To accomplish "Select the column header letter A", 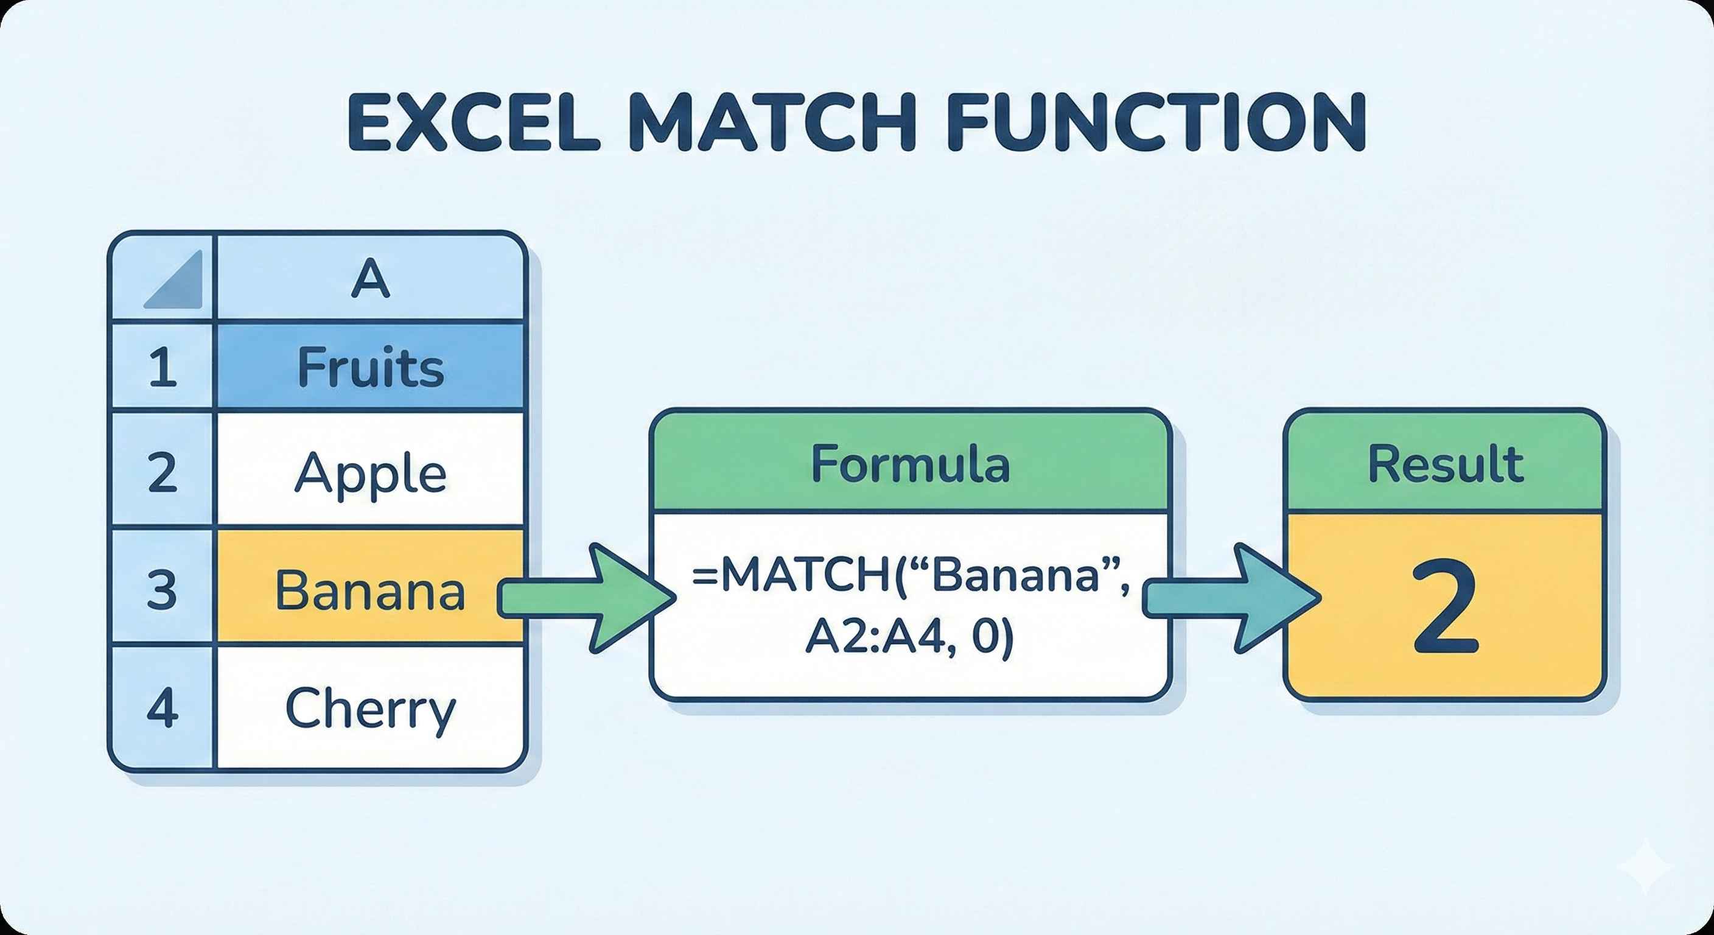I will [370, 279].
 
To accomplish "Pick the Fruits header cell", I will [370, 367].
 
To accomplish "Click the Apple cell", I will [370, 472].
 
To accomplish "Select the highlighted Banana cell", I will [370, 590].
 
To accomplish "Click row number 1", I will [163, 367].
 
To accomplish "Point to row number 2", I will [163, 472].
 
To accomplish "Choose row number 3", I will [163, 590].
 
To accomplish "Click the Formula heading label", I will [910, 464].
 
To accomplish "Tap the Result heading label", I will [1445, 464].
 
